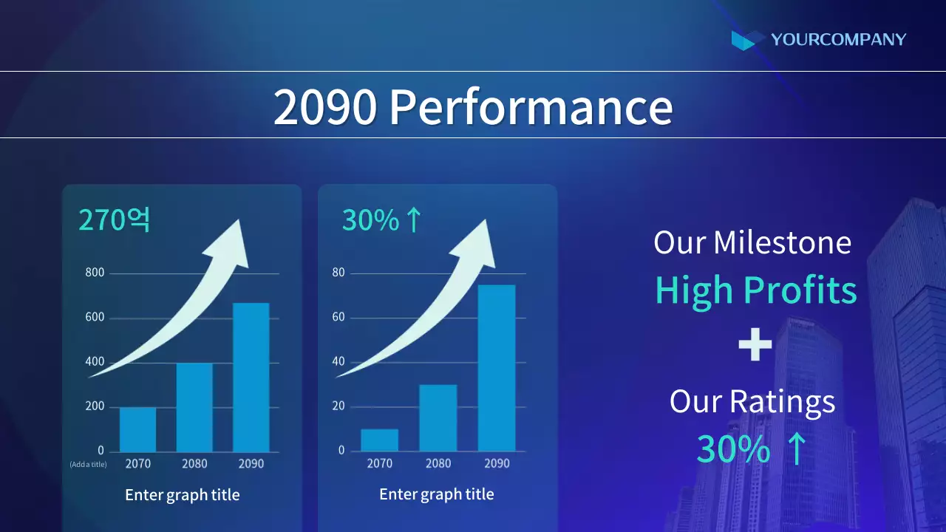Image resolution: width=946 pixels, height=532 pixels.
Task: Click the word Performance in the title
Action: tap(531, 106)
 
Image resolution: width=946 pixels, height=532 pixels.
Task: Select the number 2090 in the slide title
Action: tap(325, 106)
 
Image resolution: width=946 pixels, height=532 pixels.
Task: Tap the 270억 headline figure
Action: tap(115, 220)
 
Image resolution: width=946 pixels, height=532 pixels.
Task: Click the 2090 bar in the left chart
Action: tap(251, 377)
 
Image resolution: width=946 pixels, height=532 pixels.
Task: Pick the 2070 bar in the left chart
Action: tap(137, 429)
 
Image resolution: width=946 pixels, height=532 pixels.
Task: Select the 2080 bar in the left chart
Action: tap(194, 407)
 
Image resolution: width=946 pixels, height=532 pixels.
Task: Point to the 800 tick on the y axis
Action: tap(95, 273)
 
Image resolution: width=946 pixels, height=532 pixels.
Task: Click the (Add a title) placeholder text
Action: tap(88, 465)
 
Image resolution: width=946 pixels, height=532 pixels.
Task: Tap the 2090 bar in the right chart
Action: tap(497, 368)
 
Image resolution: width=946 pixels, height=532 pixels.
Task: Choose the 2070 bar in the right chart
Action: tap(380, 440)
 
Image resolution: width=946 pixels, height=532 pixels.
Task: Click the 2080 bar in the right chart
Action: tap(438, 418)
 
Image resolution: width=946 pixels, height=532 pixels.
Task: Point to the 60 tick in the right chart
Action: tap(338, 318)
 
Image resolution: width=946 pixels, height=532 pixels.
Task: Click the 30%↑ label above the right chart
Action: tap(381, 220)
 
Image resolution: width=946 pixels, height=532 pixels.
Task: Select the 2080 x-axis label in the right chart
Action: tap(438, 464)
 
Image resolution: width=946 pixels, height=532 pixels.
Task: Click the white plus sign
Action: tap(755, 345)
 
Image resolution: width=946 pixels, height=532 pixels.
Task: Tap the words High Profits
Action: tap(755, 290)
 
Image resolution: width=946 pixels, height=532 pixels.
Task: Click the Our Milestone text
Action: tap(752, 243)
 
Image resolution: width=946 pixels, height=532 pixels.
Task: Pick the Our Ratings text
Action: tap(752, 401)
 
